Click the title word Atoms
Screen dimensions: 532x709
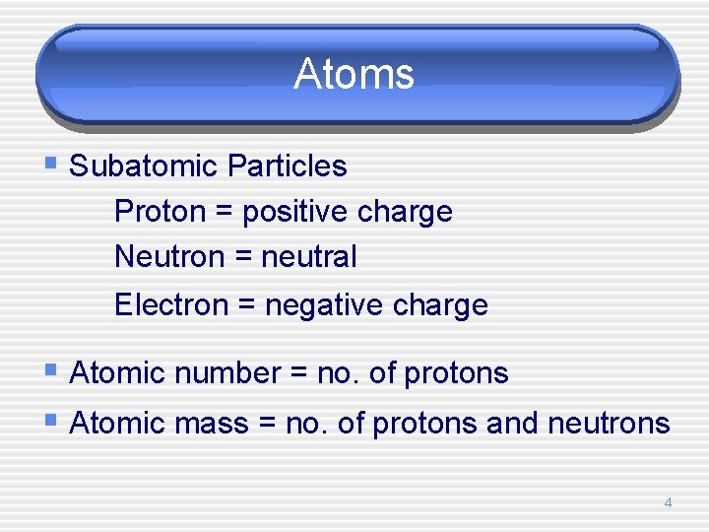pyautogui.click(x=354, y=74)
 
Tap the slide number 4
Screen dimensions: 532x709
pyautogui.click(x=668, y=502)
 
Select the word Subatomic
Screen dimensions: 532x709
pyautogui.click(x=144, y=166)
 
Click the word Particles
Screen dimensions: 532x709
pyautogui.click(x=287, y=166)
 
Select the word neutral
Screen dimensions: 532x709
pyautogui.click(x=309, y=257)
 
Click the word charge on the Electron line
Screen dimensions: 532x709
pyautogui.click(x=439, y=305)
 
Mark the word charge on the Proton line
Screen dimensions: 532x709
pyautogui.click(x=405, y=212)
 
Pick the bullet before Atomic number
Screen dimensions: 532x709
pyautogui.click(x=51, y=370)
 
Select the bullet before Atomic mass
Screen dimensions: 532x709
pyautogui.click(x=51, y=421)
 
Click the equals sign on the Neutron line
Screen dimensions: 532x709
pyautogui.click(x=243, y=258)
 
